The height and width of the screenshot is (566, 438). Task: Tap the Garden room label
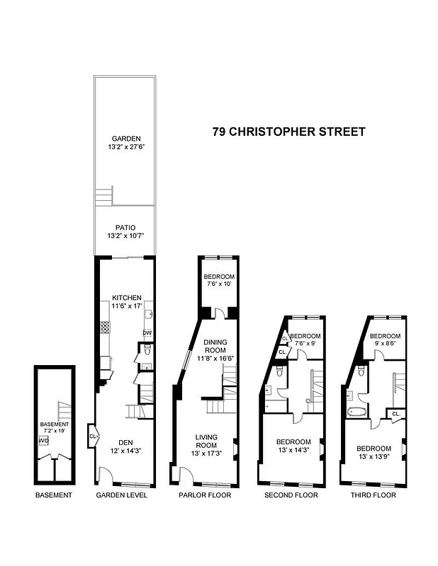click(125, 143)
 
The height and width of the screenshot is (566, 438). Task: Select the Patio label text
click(125, 231)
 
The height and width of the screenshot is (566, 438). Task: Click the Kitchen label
click(127, 302)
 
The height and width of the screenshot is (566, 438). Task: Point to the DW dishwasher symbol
click(147, 333)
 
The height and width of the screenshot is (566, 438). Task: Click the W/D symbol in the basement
click(44, 439)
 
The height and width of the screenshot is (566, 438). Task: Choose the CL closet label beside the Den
click(93, 436)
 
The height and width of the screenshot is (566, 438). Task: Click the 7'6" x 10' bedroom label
click(218, 281)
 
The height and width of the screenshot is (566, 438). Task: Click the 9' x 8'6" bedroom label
click(385, 340)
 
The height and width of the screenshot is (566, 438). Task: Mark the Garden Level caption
click(122, 495)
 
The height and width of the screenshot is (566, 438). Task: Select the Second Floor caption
click(291, 495)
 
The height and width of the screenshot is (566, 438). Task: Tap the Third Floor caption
click(373, 495)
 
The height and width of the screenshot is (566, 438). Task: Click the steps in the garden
click(104, 195)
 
